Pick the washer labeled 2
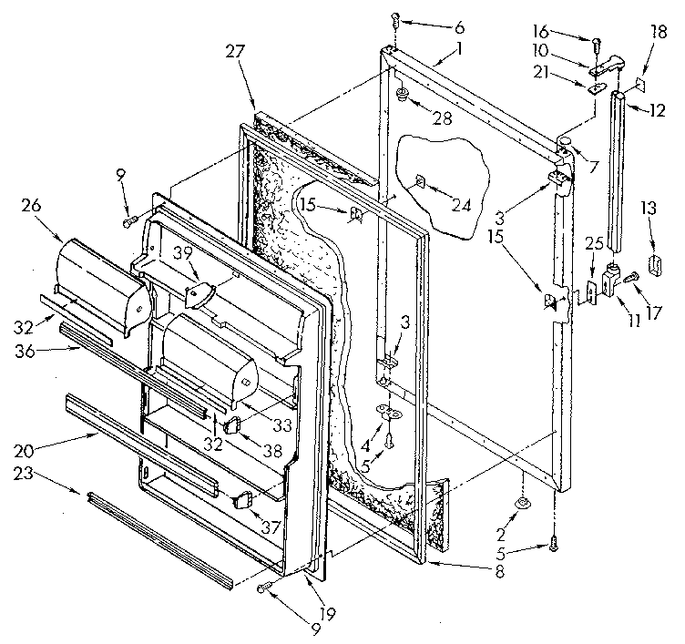(x=524, y=504)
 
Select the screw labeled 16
(x=597, y=42)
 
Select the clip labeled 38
(x=231, y=423)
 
